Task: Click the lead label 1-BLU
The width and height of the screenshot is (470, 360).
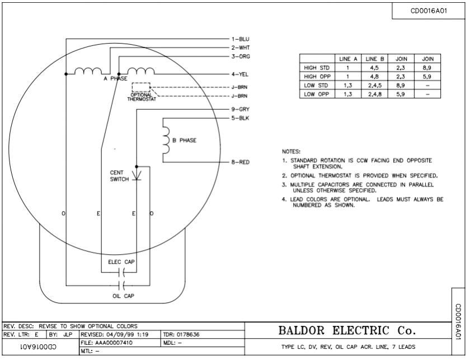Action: coord(240,39)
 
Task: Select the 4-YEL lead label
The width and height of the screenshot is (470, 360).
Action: coord(240,74)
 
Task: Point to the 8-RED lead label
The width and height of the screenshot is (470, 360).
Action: coord(240,162)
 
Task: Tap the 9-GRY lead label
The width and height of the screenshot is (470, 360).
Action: coord(240,109)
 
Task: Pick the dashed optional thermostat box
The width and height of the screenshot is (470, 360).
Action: coord(141,88)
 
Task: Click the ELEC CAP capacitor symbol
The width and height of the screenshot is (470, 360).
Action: coord(122,273)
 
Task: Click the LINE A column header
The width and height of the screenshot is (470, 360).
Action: coord(349,58)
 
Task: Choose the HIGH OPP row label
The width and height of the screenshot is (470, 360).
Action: coord(316,76)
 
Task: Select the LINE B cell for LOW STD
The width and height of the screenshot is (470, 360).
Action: coord(373,86)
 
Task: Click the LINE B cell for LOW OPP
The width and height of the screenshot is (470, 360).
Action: coord(373,95)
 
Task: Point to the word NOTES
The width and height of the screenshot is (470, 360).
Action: coord(291,151)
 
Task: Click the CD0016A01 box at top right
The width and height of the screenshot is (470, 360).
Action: coord(429,11)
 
